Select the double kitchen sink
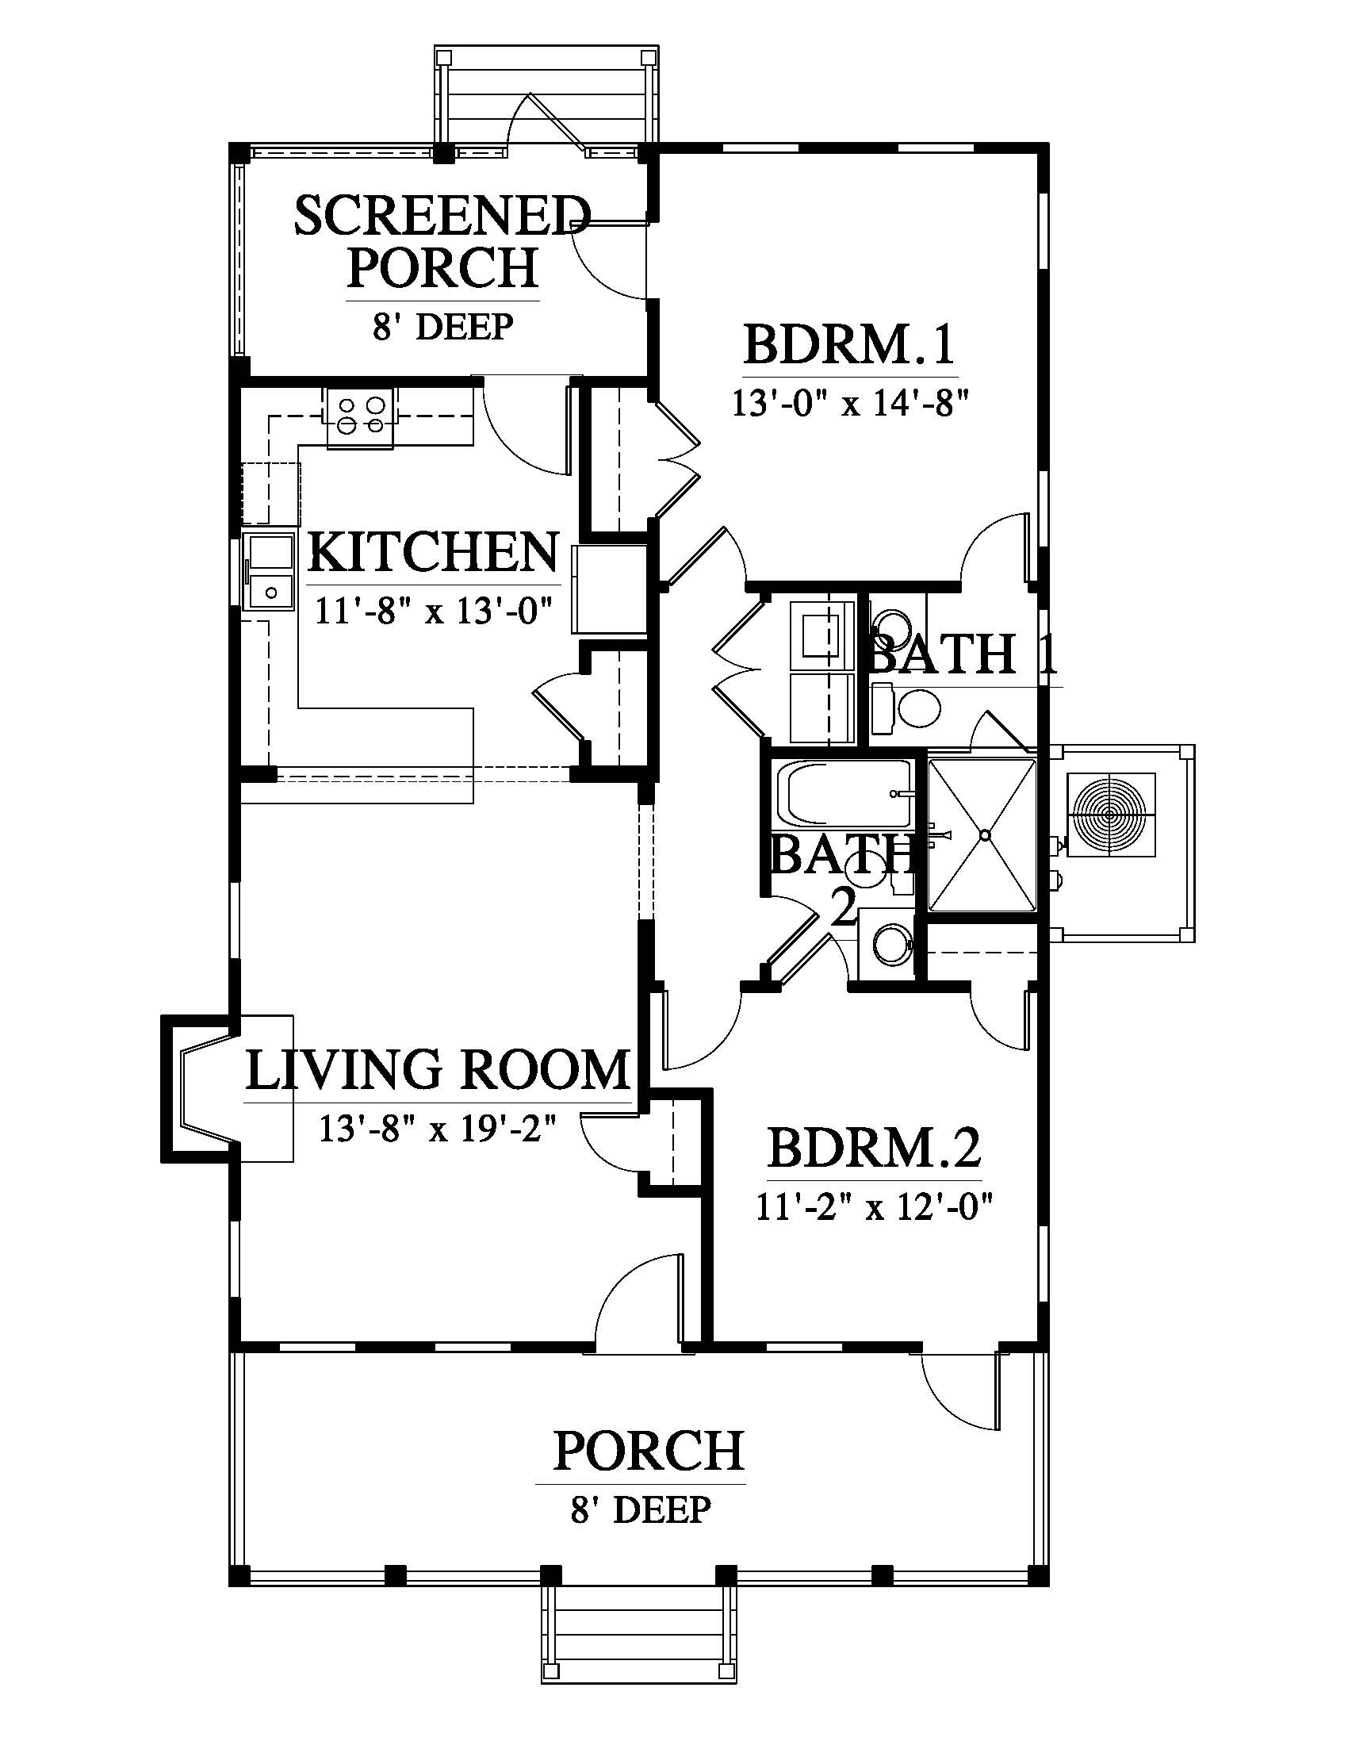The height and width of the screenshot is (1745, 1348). coord(269,572)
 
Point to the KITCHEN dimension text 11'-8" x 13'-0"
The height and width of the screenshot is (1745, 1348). coord(435,612)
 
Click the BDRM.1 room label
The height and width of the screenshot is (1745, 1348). coord(850,345)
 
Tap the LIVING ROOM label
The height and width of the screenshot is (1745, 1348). coord(437,1070)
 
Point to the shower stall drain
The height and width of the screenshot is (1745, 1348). coord(985,834)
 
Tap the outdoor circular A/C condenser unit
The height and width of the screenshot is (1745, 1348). coord(1111,815)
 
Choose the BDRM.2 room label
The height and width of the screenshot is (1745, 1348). coord(875,1149)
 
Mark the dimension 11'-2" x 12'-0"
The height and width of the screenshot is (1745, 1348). coord(875,1206)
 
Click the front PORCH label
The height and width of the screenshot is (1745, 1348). coord(649,1452)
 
